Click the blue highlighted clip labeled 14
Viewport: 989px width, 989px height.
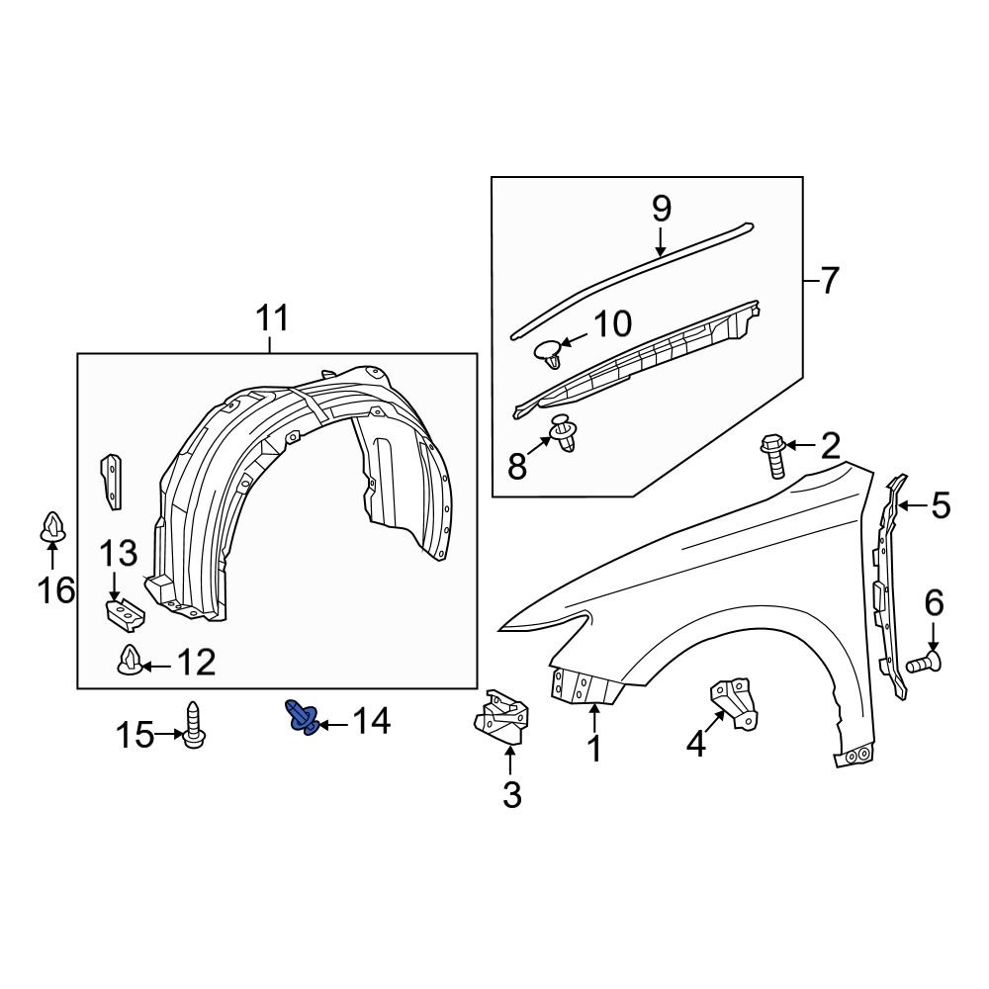(x=301, y=718)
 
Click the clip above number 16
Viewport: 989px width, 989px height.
(x=52, y=526)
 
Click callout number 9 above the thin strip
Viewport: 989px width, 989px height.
(x=661, y=210)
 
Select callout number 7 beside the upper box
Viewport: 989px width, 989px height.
(x=829, y=282)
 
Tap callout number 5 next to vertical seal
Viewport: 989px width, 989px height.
(x=939, y=506)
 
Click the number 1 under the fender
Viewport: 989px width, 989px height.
(x=594, y=749)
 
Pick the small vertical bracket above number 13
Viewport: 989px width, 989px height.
(x=112, y=482)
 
